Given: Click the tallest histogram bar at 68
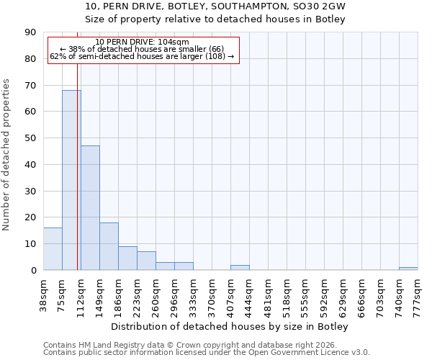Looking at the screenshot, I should coord(71,180).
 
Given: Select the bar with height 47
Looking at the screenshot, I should coord(90,208).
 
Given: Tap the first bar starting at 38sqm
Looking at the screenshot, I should coord(53,249).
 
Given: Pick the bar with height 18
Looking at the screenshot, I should coord(109,246).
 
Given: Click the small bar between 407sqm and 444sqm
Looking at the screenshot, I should coord(240,267).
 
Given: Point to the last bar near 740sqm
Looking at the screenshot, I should coord(408,269).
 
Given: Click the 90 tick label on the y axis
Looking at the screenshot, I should coord(30,32).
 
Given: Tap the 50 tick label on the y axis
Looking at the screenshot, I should coord(30,138).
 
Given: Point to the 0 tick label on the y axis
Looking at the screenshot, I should coord(33,270).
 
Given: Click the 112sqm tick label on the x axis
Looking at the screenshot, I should coord(81,292).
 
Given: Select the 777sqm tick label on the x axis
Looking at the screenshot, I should coord(418,292).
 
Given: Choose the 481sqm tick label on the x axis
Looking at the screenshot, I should coord(268,292).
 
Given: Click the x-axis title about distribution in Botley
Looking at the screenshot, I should coord(230,327).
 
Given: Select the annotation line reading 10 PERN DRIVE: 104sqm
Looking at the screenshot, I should coord(142,42).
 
